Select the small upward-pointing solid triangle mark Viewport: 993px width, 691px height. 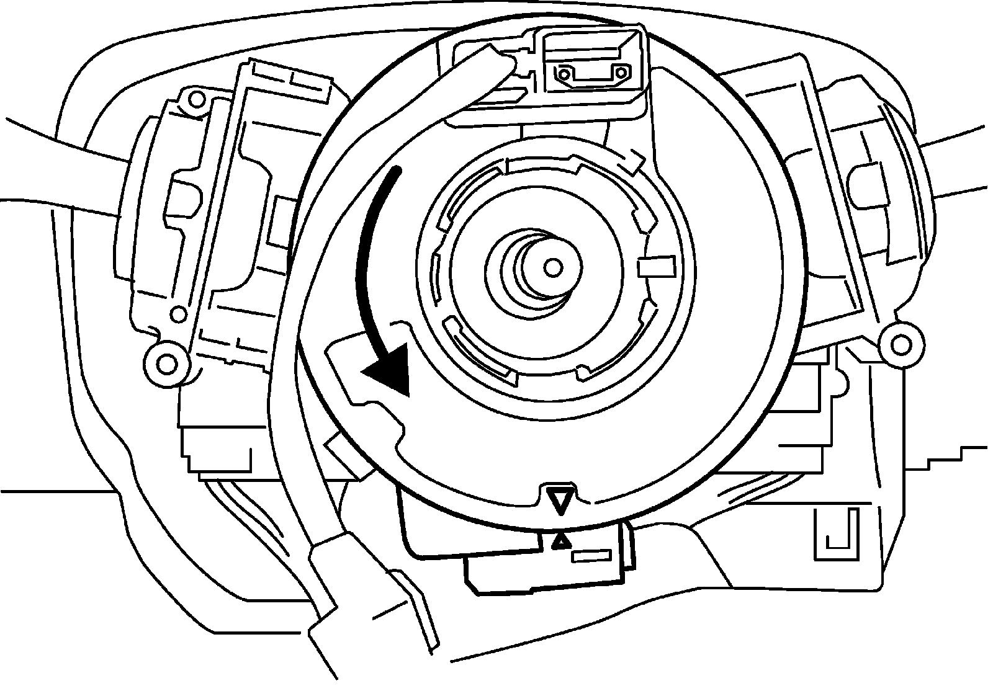(x=560, y=542)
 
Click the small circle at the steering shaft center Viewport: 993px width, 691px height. (x=551, y=267)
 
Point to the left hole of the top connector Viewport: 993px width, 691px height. (x=564, y=74)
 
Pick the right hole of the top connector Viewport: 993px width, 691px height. (x=619, y=73)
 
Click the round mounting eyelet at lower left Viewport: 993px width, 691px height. (x=165, y=361)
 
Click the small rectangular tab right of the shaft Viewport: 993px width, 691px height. (x=655, y=266)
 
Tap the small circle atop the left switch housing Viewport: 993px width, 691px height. (x=196, y=99)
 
